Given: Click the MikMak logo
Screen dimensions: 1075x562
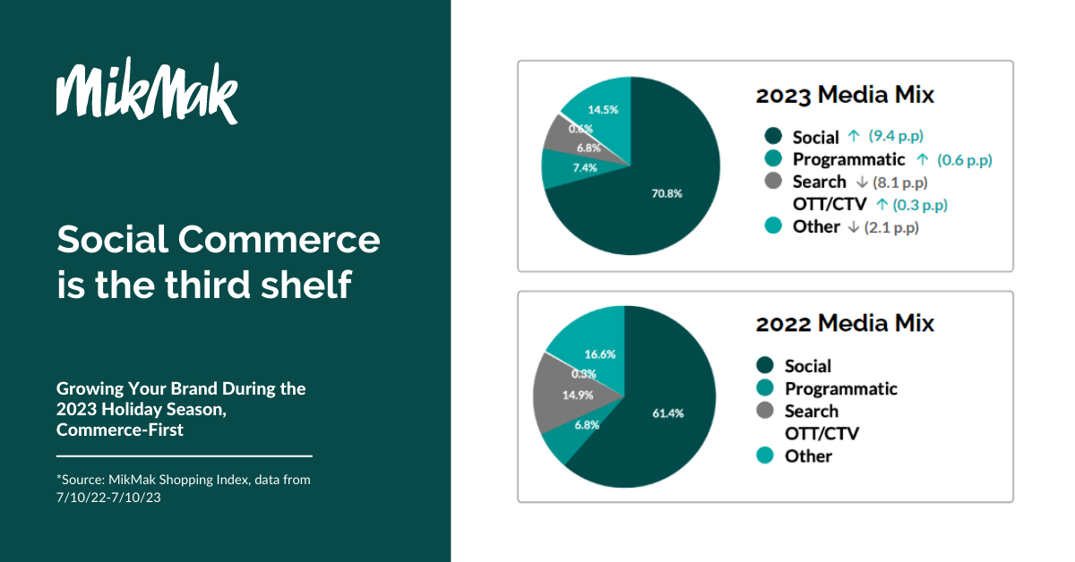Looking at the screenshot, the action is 147,90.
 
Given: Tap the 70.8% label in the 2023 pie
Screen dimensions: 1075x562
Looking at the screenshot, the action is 666,193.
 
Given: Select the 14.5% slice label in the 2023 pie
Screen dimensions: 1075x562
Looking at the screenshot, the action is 603,110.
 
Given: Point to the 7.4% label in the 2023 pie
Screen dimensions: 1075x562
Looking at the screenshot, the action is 585,168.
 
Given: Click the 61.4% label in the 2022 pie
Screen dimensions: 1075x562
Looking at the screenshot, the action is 668,413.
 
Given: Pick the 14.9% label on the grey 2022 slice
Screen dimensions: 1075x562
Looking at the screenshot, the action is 578,396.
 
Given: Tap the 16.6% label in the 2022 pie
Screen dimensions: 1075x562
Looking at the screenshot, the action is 600,354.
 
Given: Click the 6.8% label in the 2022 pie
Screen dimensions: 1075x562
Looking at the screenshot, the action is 587,425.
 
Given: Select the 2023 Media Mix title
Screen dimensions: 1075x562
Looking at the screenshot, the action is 845,95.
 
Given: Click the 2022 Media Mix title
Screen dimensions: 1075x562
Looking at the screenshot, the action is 845,323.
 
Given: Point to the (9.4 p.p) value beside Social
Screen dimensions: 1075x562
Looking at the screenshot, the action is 896,136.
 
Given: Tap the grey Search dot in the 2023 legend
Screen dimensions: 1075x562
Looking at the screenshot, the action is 773,181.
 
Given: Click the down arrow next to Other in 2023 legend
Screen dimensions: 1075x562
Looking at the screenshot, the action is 853,226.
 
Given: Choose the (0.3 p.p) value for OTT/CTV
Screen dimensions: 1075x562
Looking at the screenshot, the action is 920,205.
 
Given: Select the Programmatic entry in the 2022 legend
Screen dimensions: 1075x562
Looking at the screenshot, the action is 841,388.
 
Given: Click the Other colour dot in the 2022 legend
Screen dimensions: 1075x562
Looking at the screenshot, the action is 765,456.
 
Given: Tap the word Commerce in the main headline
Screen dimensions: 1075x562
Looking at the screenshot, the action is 279,239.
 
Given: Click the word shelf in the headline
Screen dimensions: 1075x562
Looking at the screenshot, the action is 305,285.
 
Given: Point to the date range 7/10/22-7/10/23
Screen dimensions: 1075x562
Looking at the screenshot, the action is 108,498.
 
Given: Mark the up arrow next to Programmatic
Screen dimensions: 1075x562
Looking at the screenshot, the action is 922,159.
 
